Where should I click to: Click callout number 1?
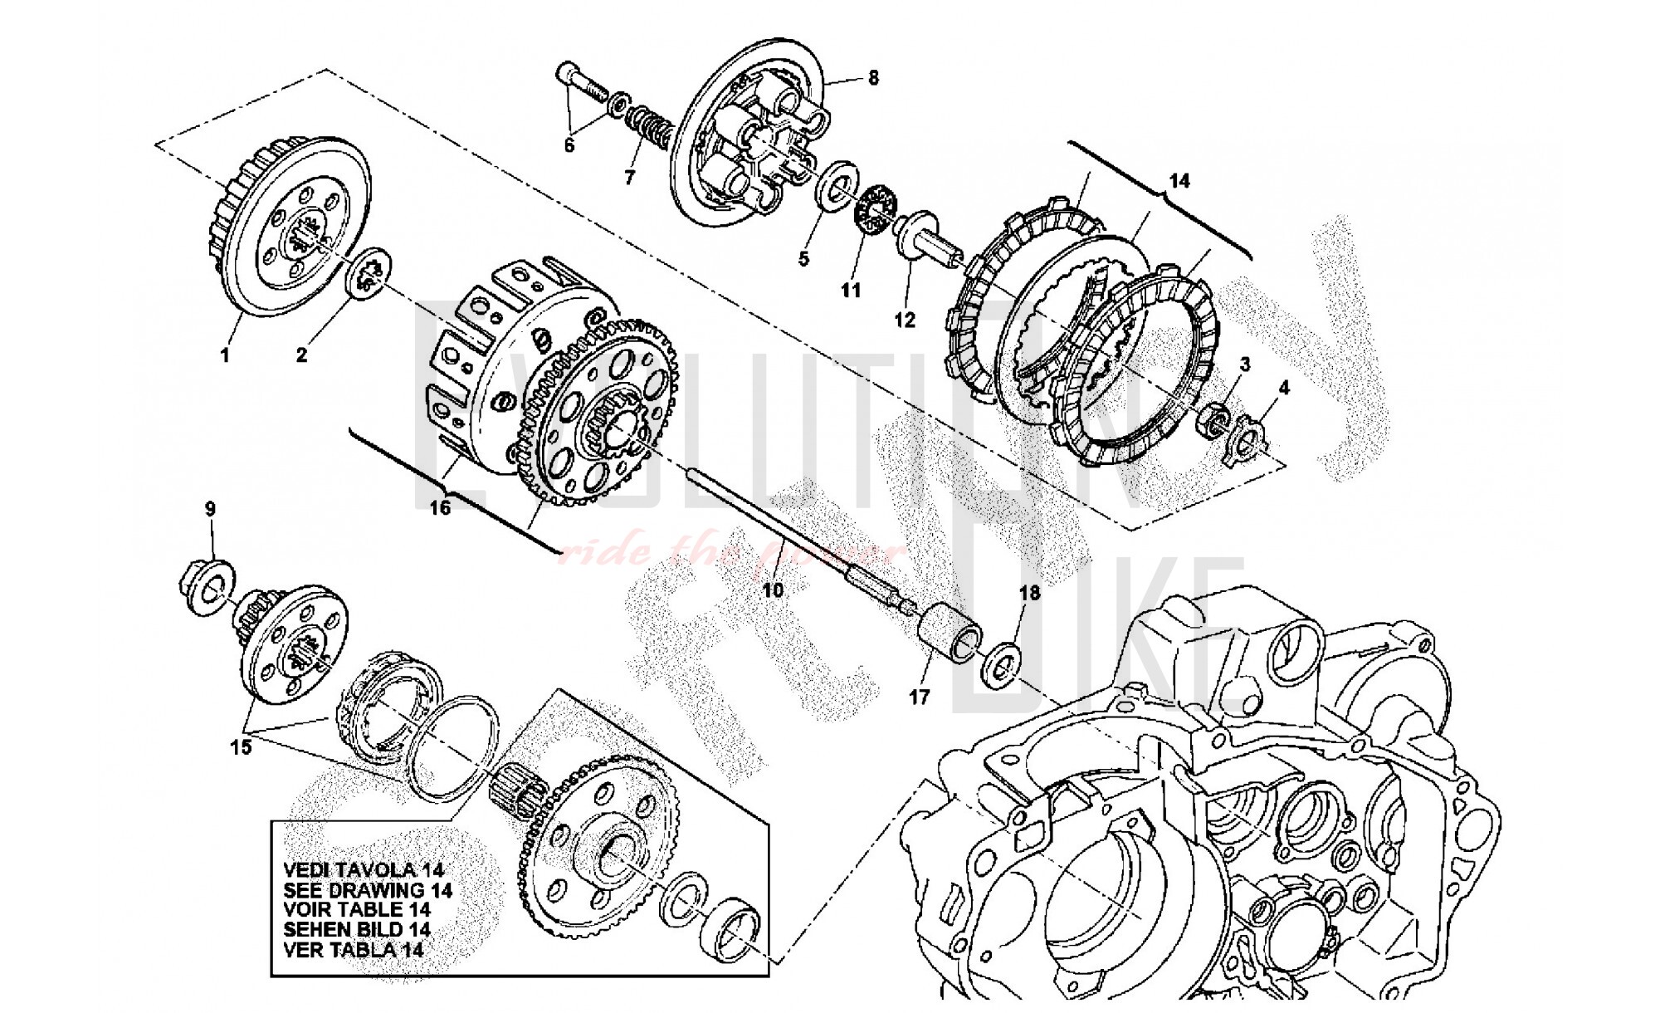pos(224,355)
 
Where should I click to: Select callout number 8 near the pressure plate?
pos(873,78)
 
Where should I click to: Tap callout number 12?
pos(904,320)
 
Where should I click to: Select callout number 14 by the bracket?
pos(1179,180)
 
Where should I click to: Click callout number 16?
pos(439,506)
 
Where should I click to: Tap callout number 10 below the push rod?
pos(772,590)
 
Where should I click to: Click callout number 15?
pos(240,747)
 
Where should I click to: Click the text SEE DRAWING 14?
pos(368,890)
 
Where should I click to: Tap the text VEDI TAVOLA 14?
pos(364,870)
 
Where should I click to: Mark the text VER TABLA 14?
pos(354,950)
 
